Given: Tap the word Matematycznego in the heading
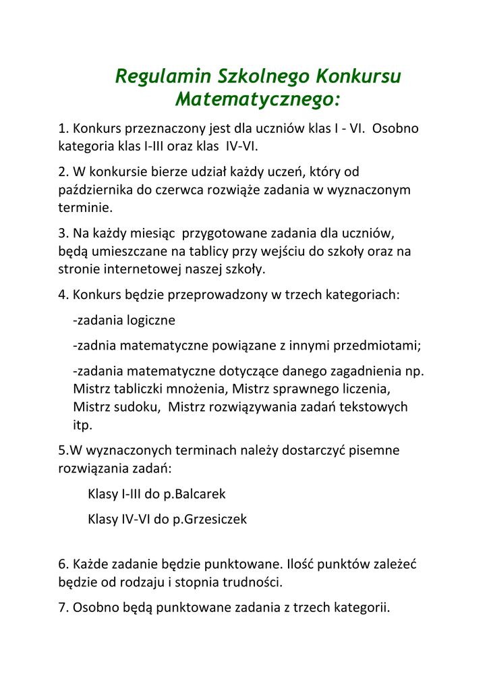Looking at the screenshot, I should point(256,100).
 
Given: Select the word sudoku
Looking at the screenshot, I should point(136,407).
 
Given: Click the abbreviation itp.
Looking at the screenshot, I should point(82,425).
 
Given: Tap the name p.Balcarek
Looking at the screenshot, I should point(194,494).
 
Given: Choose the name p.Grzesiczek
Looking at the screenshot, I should point(206,519).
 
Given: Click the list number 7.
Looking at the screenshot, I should point(63,607).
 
